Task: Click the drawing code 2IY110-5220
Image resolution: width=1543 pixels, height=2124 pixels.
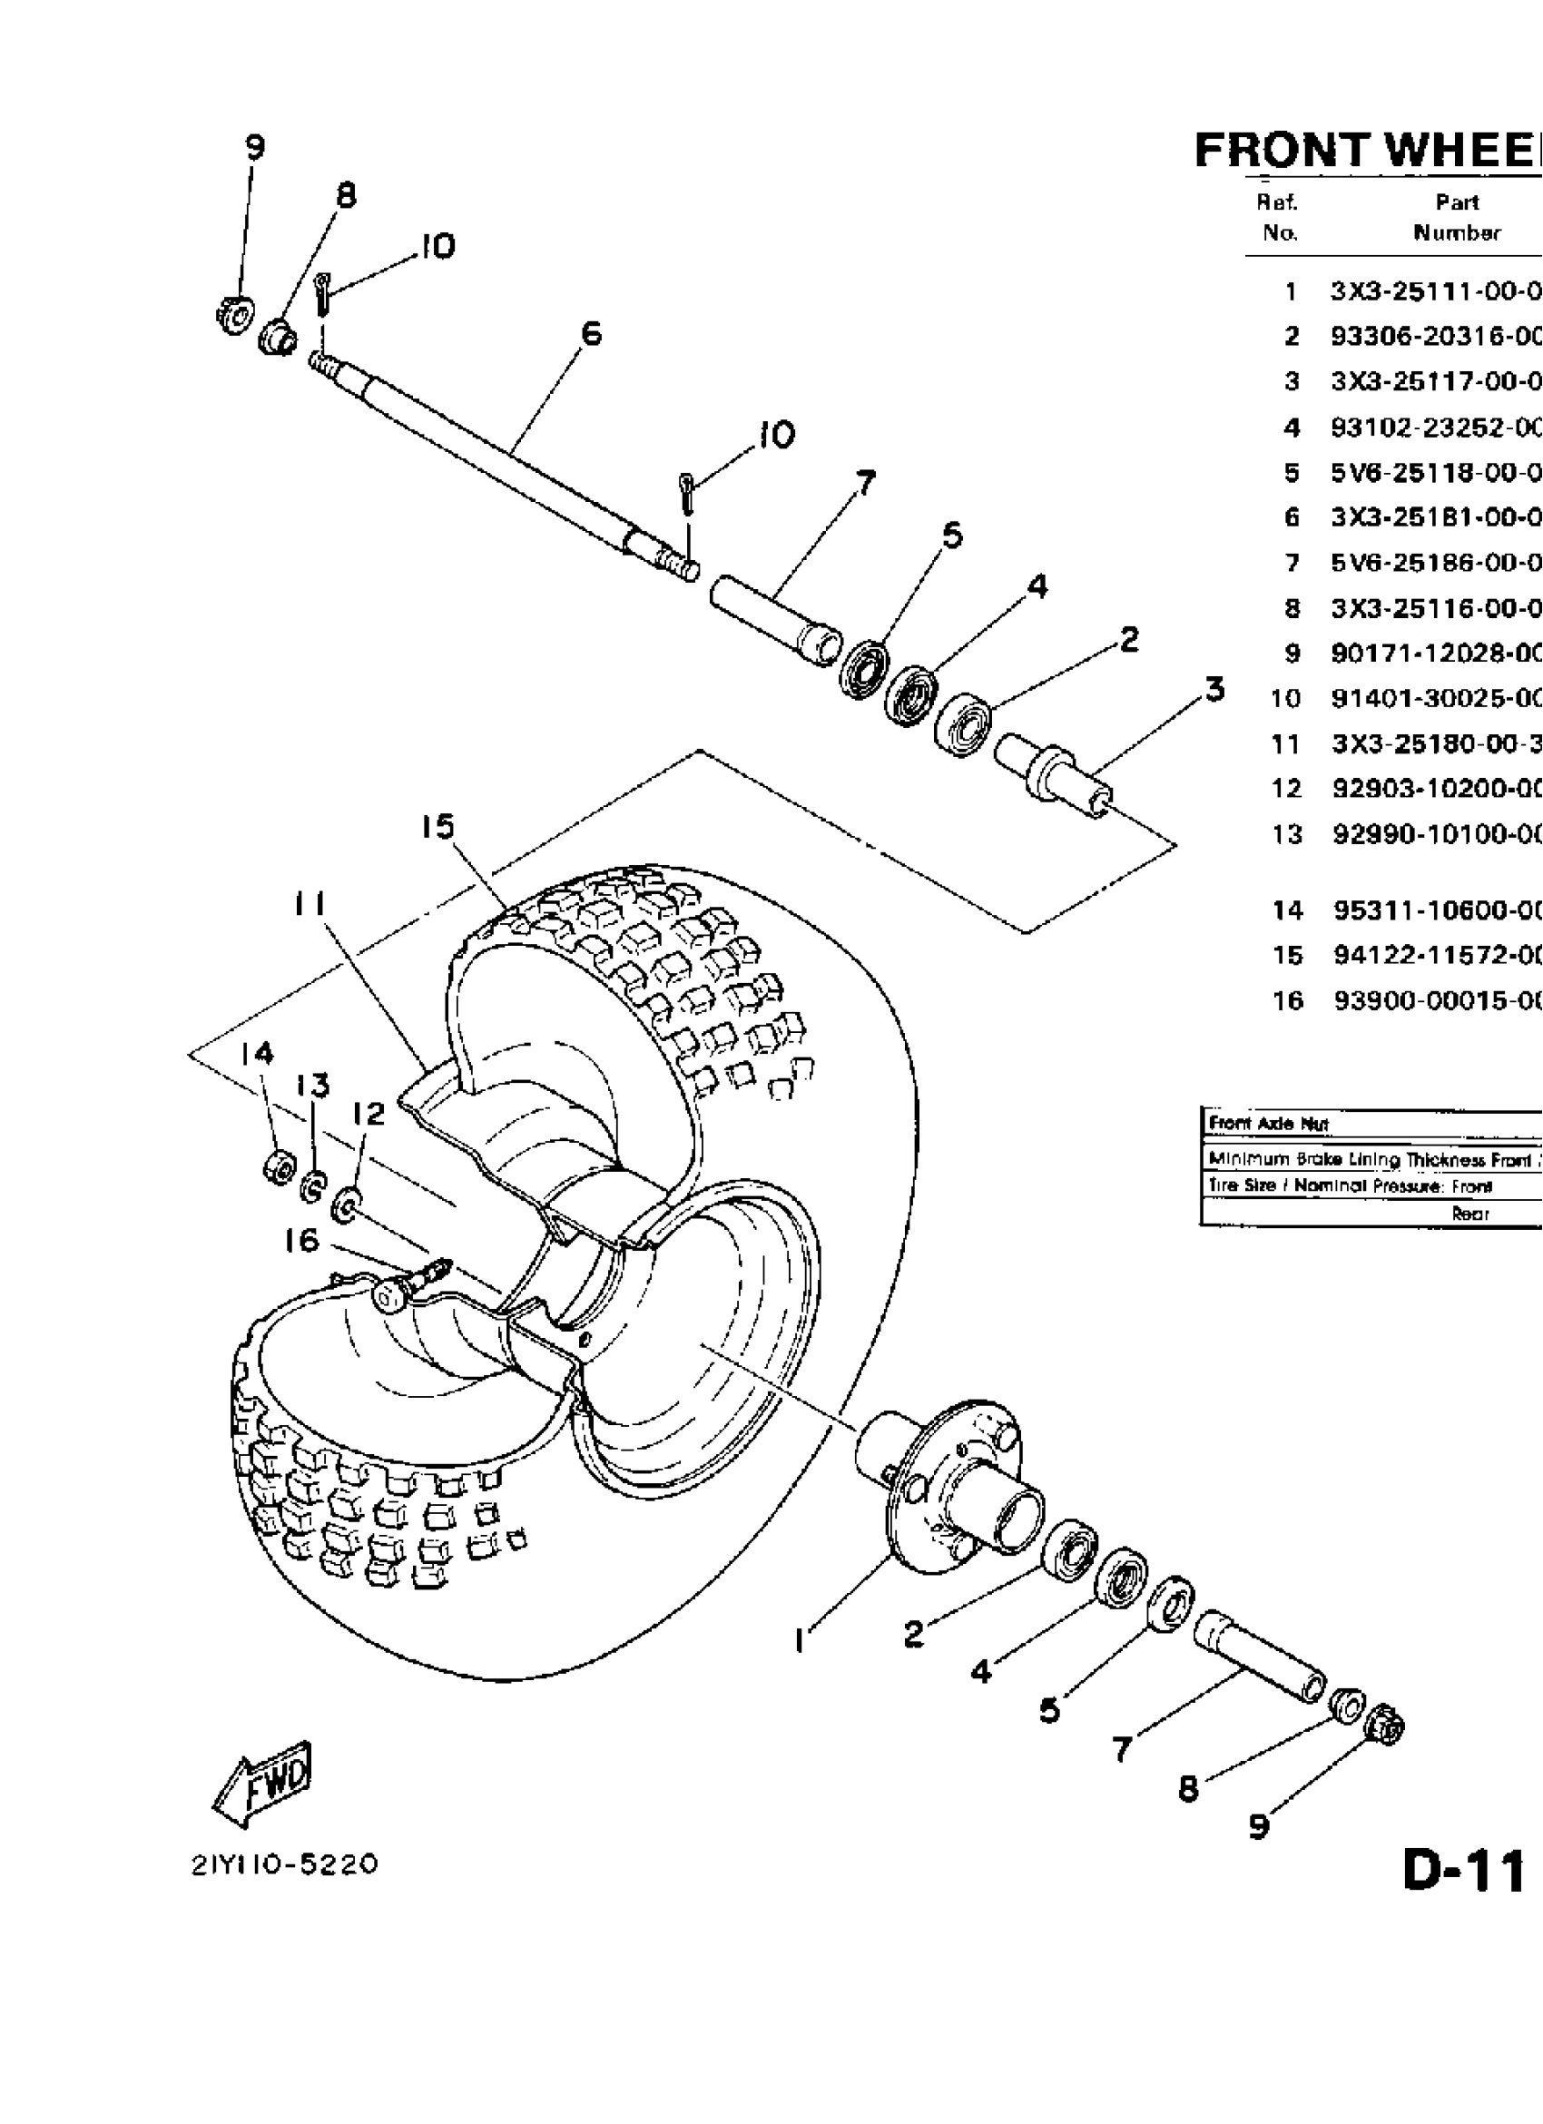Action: [x=285, y=1864]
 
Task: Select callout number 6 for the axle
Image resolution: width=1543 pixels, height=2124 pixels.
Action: [x=591, y=334]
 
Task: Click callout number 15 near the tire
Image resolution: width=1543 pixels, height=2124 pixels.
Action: [x=437, y=827]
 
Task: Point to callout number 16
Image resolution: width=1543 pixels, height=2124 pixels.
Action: [x=301, y=1241]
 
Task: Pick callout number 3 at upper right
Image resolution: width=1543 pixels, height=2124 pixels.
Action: [x=1214, y=690]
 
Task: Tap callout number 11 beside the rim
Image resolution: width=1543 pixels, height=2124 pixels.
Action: [x=309, y=905]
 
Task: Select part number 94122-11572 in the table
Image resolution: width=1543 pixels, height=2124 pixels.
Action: [x=1436, y=955]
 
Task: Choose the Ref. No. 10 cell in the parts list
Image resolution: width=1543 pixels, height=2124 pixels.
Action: [x=1285, y=698]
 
